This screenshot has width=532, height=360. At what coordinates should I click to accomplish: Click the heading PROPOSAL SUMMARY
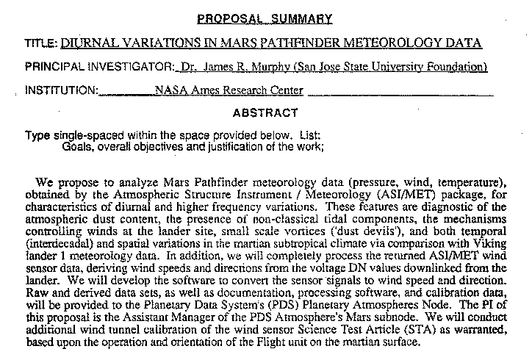point(265,18)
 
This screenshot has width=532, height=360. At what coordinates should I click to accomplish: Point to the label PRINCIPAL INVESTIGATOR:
point(100,68)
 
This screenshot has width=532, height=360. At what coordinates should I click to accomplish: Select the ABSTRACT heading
point(265,113)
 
